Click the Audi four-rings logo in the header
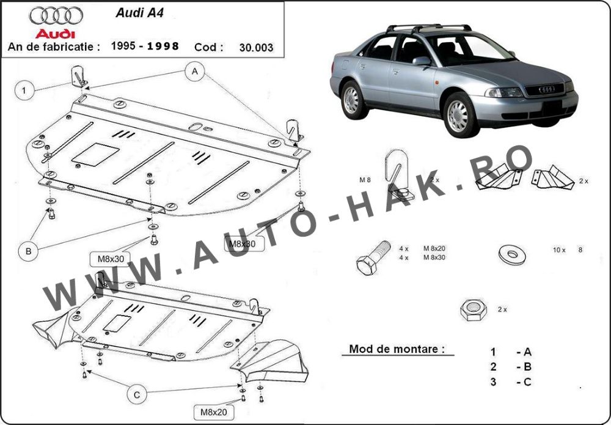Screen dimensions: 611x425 coord(56,16)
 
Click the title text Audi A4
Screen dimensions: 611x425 coord(139,13)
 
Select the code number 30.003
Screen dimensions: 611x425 coord(256,48)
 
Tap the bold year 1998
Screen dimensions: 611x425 coord(163,46)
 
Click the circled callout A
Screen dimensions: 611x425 coord(195,72)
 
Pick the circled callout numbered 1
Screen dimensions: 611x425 coord(24,91)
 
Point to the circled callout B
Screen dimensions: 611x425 coord(29,251)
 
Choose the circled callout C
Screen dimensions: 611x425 coord(137,395)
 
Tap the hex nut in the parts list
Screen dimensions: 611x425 coord(473,310)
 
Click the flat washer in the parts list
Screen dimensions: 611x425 coord(512,254)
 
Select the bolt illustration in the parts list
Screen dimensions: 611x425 coord(373,257)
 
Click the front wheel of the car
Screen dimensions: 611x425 coord(460,114)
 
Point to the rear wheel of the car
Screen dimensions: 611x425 coord(353,100)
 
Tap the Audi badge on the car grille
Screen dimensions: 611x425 coord(547,89)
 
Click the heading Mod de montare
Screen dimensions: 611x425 coord(397,349)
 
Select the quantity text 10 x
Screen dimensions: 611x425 coord(559,250)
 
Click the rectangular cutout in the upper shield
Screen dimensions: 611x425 coord(95,154)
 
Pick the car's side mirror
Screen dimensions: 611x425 coord(422,61)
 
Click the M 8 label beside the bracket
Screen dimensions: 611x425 coord(365,180)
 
